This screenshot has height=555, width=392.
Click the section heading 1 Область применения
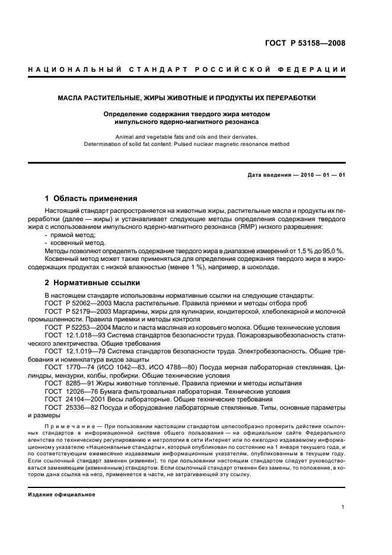(91, 199)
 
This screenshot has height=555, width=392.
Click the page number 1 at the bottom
(343, 507)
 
